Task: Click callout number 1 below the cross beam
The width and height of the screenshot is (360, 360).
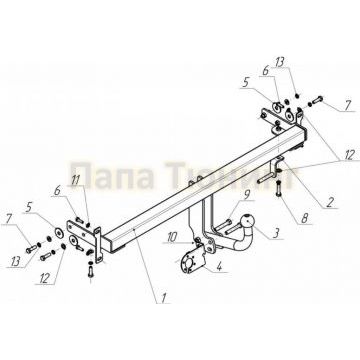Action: point(162,297)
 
